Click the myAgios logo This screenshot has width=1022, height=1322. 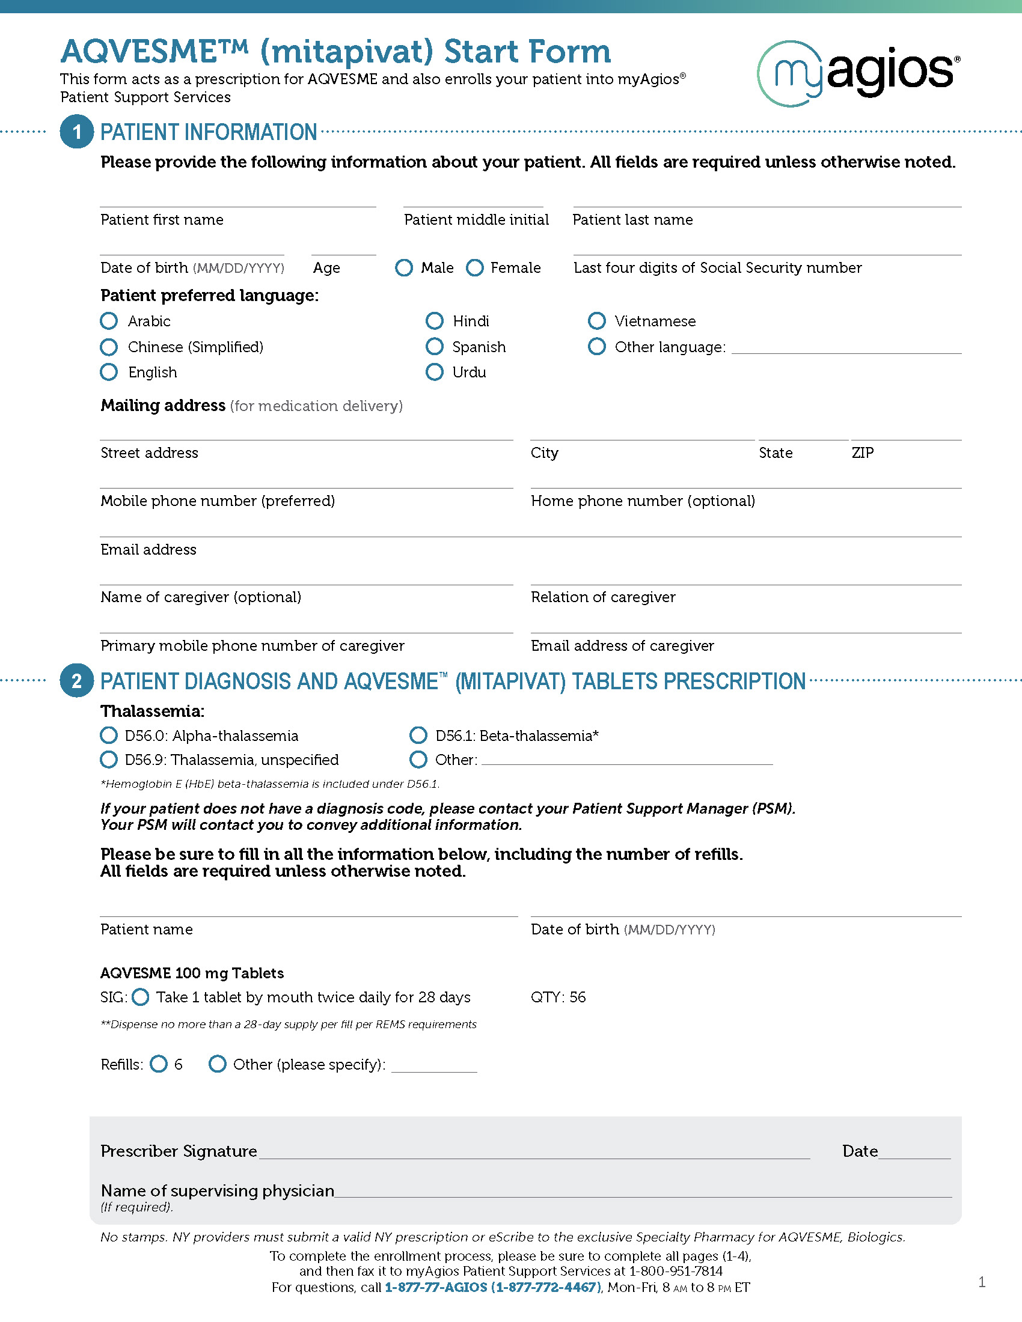pos(858,73)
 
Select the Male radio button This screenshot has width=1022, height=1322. pos(404,267)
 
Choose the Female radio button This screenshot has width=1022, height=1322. pos(475,267)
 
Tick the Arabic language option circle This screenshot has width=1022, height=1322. pos(109,321)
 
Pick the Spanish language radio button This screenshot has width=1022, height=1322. pos(434,347)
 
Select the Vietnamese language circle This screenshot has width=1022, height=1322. pos(596,321)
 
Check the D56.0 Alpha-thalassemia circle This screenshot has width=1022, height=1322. pos(109,736)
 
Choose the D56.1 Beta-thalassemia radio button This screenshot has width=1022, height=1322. pos(418,736)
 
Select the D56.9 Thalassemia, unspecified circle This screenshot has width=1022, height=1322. pos(109,760)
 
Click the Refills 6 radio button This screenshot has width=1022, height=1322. pos(159,1064)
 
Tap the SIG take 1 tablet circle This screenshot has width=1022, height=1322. pos(141,997)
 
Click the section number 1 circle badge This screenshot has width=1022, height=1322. pos(77,132)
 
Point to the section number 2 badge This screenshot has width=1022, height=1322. pos(77,681)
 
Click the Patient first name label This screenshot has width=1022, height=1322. pos(162,220)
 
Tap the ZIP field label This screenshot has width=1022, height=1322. pos(862,452)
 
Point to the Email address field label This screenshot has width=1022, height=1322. pos(148,550)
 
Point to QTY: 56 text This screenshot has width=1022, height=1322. pos(558,997)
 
